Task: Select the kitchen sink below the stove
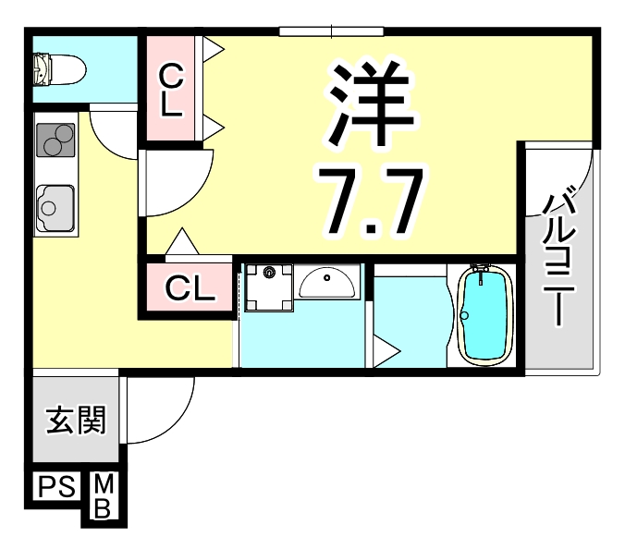click(55, 205)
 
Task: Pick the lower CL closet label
click(189, 289)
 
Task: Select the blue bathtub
click(484, 314)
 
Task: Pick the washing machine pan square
click(269, 287)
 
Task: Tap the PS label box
click(57, 486)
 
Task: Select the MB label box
click(104, 496)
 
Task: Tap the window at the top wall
click(306, 32)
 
